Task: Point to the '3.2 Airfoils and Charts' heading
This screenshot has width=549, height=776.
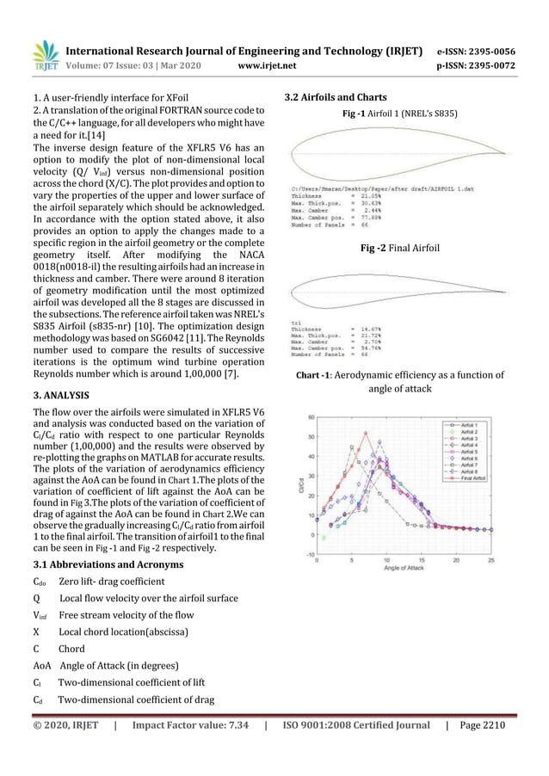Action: tap(335, 96)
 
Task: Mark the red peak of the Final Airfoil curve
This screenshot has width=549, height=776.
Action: tap(365, 433)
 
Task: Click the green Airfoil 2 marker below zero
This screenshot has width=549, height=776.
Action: tap(324, 538)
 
